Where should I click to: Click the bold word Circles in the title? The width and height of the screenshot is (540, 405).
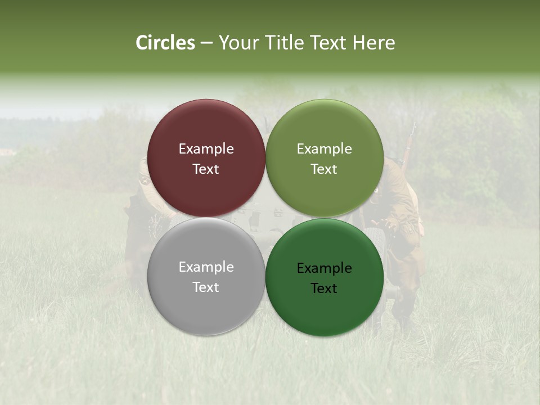(x=165, y=43)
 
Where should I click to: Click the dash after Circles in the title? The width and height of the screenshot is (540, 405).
(x=206, y=43)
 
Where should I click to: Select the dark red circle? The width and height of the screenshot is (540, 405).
(x=206, y=129)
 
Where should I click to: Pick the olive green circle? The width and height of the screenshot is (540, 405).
(x=325, y=129)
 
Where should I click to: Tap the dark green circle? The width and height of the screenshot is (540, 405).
(x=325, y=309)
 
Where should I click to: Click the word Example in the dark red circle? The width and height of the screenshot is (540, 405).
(x=206, y=149)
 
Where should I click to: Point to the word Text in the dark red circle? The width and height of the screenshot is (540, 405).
(x=206, y=169)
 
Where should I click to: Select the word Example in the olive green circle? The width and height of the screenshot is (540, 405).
(x=324, y=149)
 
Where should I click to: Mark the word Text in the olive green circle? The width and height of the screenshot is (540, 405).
(x=324, y=169)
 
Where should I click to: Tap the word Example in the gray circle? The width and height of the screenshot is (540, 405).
(x=206, y=267)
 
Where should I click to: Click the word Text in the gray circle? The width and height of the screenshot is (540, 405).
(x=206, y=287)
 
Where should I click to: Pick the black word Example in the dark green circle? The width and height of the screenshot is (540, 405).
(x=324, y=268)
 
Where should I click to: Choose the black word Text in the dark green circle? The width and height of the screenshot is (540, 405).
(x=324, y=289)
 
